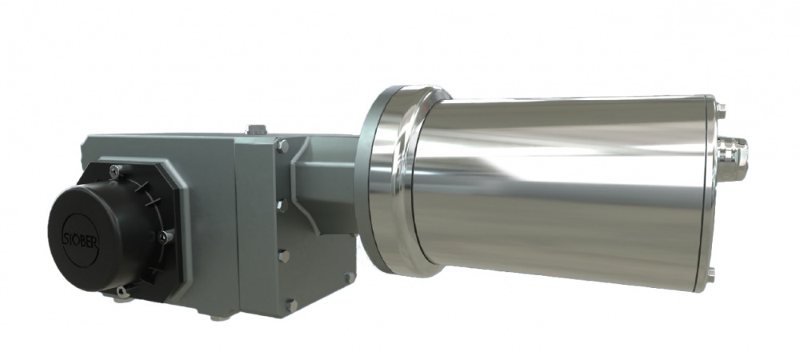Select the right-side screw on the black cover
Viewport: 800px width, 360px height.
(163, 235)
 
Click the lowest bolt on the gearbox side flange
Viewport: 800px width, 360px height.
(290, 305)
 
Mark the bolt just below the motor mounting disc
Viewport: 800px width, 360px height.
(350, 277)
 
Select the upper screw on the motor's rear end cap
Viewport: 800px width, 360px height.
(719, 110)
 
